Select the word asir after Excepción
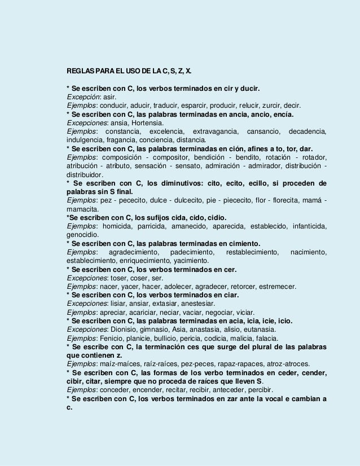coord(109,97)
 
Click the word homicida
coord(127,226)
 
